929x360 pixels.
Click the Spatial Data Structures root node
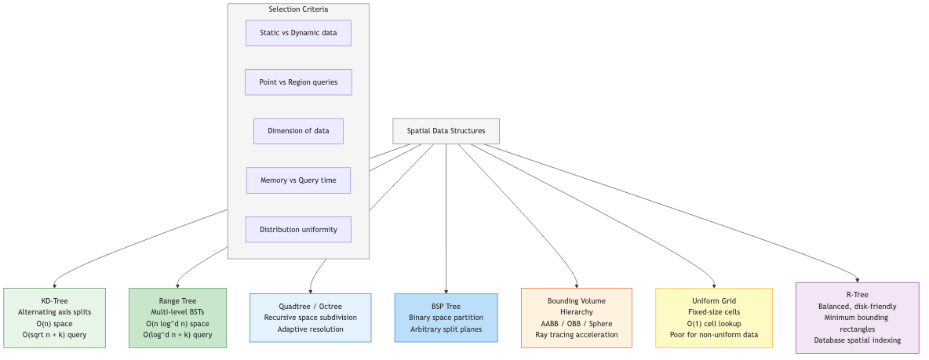[446, 131]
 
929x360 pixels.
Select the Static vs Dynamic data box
[298, 33]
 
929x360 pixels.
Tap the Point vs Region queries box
[298, 82]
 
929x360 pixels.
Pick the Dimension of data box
[298, 131]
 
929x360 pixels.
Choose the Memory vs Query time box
[298, 180]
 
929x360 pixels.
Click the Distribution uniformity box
[298, 230]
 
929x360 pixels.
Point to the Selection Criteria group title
[298, 9]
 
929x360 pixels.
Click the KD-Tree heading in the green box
[54, 301]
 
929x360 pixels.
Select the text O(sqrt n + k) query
[54, 335]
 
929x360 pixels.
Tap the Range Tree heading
[177, 301]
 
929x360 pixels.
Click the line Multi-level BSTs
[177, 312]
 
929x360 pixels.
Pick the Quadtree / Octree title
[310, 307]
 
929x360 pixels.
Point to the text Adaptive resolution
[310, 329]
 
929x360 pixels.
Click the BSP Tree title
[446, 307]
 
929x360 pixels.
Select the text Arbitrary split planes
[446, 329]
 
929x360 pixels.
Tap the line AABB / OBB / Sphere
[577, 324]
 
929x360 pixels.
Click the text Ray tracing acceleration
[577, 335]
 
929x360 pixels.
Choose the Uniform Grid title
[713, 301]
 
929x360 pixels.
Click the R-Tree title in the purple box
[857, 295]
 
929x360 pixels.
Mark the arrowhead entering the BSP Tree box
[446, 290]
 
